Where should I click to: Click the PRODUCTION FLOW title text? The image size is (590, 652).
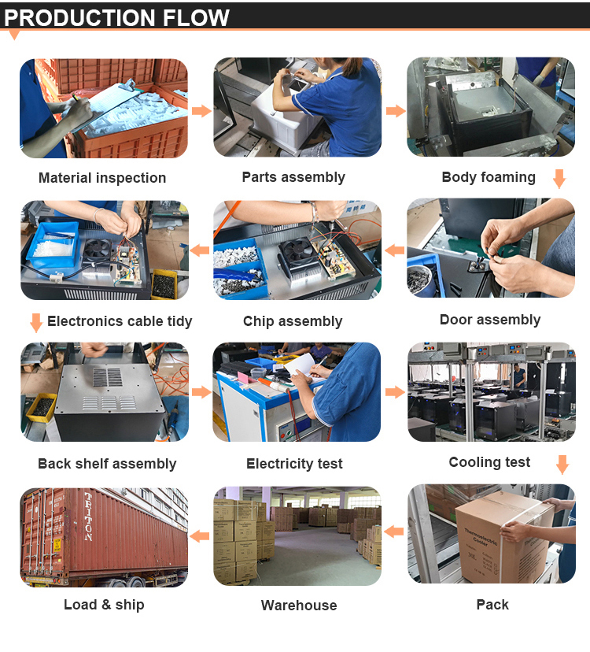click(116, 17)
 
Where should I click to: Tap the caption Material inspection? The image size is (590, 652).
click(102, 178)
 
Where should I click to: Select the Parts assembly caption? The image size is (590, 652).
click(293, 177)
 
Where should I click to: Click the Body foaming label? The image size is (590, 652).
click(489, 177)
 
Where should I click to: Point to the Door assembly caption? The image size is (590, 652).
click(490, 320)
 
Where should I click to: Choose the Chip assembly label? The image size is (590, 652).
click(293, 321)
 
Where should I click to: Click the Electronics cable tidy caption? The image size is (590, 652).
click(120, 321)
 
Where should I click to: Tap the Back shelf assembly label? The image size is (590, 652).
click(107, 464)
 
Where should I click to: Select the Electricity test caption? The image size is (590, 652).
click(294, 463)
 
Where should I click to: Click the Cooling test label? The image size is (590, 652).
click(489, 462)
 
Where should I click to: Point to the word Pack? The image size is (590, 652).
click(492, 605)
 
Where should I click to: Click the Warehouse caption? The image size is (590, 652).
click(299, 606)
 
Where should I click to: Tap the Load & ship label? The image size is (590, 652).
click(104, 605)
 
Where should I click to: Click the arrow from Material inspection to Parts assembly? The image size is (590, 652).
click(201, 111)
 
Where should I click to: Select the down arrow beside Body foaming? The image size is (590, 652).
click(559, 179)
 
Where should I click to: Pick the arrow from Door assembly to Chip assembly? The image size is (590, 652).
click(394, 250)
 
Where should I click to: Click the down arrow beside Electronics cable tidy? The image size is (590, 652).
click(36, 323)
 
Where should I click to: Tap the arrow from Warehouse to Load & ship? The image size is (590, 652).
click(200, 536)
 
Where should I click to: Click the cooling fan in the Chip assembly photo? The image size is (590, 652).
click(297, 254)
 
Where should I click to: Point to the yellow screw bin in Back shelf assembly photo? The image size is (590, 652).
click(42, 406)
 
